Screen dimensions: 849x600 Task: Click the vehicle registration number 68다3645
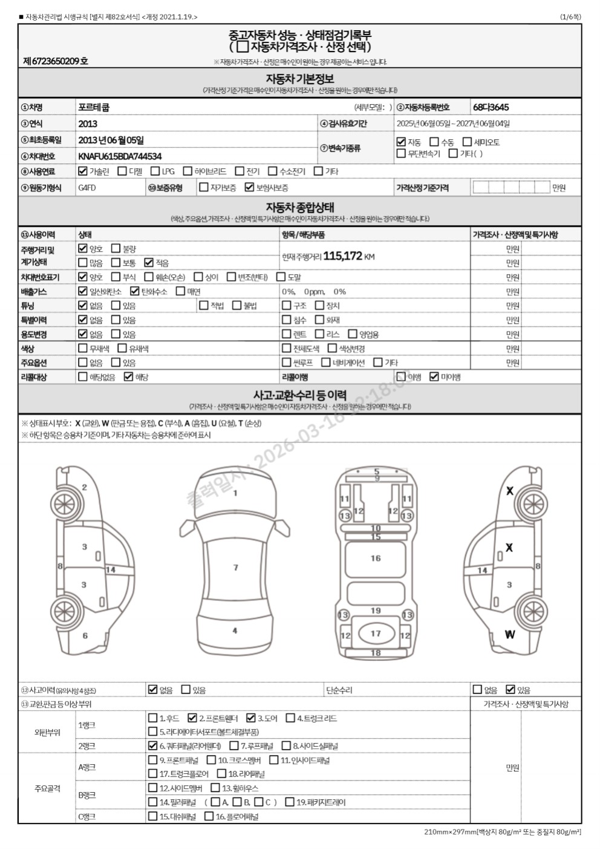coord(491,107)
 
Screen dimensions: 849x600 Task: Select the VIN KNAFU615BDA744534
coord(120,156)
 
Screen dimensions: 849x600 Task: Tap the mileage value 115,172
coord(342,256)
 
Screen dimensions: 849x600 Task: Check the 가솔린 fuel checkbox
coord(83,171)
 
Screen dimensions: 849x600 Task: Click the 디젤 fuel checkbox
coord(122,171)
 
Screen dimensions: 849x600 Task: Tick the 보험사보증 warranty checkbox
coord(249,188)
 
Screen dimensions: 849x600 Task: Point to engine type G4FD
coord(87,188)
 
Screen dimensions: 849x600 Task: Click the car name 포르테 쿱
coord(94,107)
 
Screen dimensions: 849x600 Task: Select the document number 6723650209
coord(55,61)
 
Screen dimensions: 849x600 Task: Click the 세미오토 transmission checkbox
coord(467,142)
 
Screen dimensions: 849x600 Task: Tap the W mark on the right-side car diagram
coord(510,635)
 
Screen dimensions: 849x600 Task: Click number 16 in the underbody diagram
coord(376,558)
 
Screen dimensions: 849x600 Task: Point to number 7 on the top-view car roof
coord(236,567)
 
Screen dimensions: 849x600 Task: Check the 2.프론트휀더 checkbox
coord(192,718)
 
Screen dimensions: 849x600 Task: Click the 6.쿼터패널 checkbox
coord(153,746)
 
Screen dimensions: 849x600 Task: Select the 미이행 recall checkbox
coord(434,377)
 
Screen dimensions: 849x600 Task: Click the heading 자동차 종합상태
coord(300,208)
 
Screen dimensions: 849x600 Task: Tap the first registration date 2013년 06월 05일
coord(111,140)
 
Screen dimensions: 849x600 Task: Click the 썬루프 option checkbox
coord(287,362)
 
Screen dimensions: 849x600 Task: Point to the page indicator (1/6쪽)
coord(570,17)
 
